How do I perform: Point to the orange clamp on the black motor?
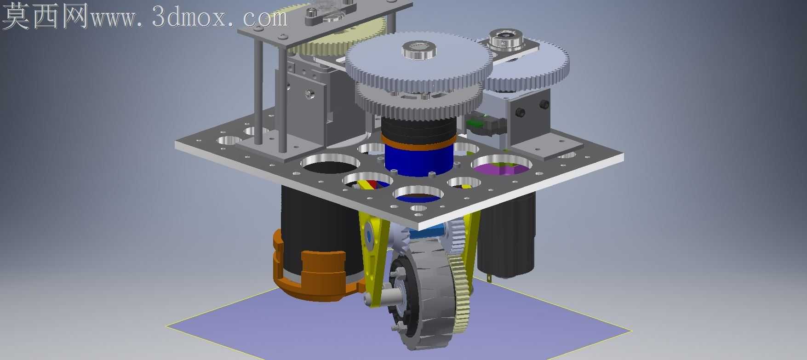click(x=313, y=271)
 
